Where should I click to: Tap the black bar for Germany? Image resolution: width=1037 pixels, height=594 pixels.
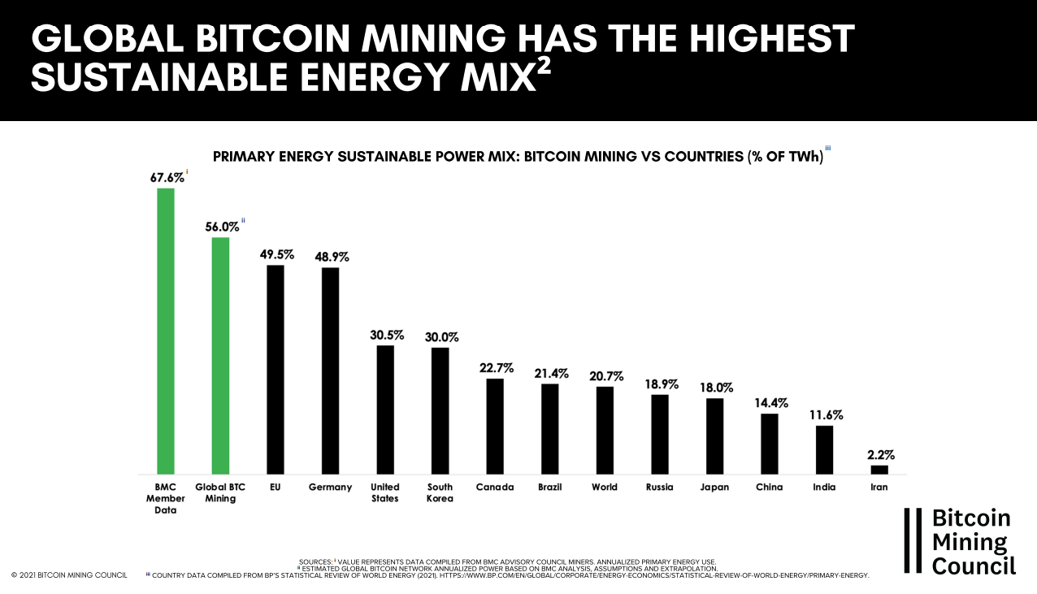point(330,371)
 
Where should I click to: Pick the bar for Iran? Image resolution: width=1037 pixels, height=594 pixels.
point(879,470)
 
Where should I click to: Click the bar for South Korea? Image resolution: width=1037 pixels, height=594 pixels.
point(440,410)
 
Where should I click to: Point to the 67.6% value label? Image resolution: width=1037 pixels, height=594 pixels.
point(167,177)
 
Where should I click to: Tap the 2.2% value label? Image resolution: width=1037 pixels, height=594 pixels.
point(881,454)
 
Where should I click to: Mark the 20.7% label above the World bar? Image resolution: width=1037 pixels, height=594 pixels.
point(605,375)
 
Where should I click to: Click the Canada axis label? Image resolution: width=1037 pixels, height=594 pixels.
point(495,488)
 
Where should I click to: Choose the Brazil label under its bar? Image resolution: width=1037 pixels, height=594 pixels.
point(550,488)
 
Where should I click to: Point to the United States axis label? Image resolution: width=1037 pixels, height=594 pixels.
point(385,492)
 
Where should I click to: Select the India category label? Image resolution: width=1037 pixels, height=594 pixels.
point(824,488)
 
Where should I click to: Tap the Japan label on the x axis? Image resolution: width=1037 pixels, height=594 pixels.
point(714,488)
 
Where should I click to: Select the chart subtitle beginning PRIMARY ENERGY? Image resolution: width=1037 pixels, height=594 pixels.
point(518,157)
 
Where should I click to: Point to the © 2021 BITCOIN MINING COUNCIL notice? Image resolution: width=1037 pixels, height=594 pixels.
point(69,575)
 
